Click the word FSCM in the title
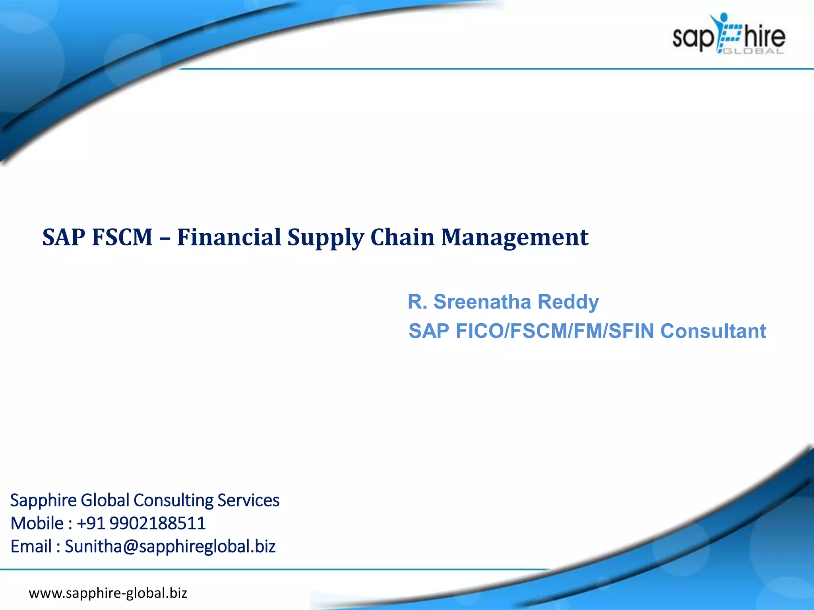point(122,237)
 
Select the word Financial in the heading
point(229,237)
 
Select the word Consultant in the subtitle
point(713,331)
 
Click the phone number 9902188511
point(157,523)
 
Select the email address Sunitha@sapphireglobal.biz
point(170,546)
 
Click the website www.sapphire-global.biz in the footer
point(108,593)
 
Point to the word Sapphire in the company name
point(43,500)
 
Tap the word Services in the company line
point(248,500)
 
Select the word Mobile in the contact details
point(37,523)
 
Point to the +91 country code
point(91,523)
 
